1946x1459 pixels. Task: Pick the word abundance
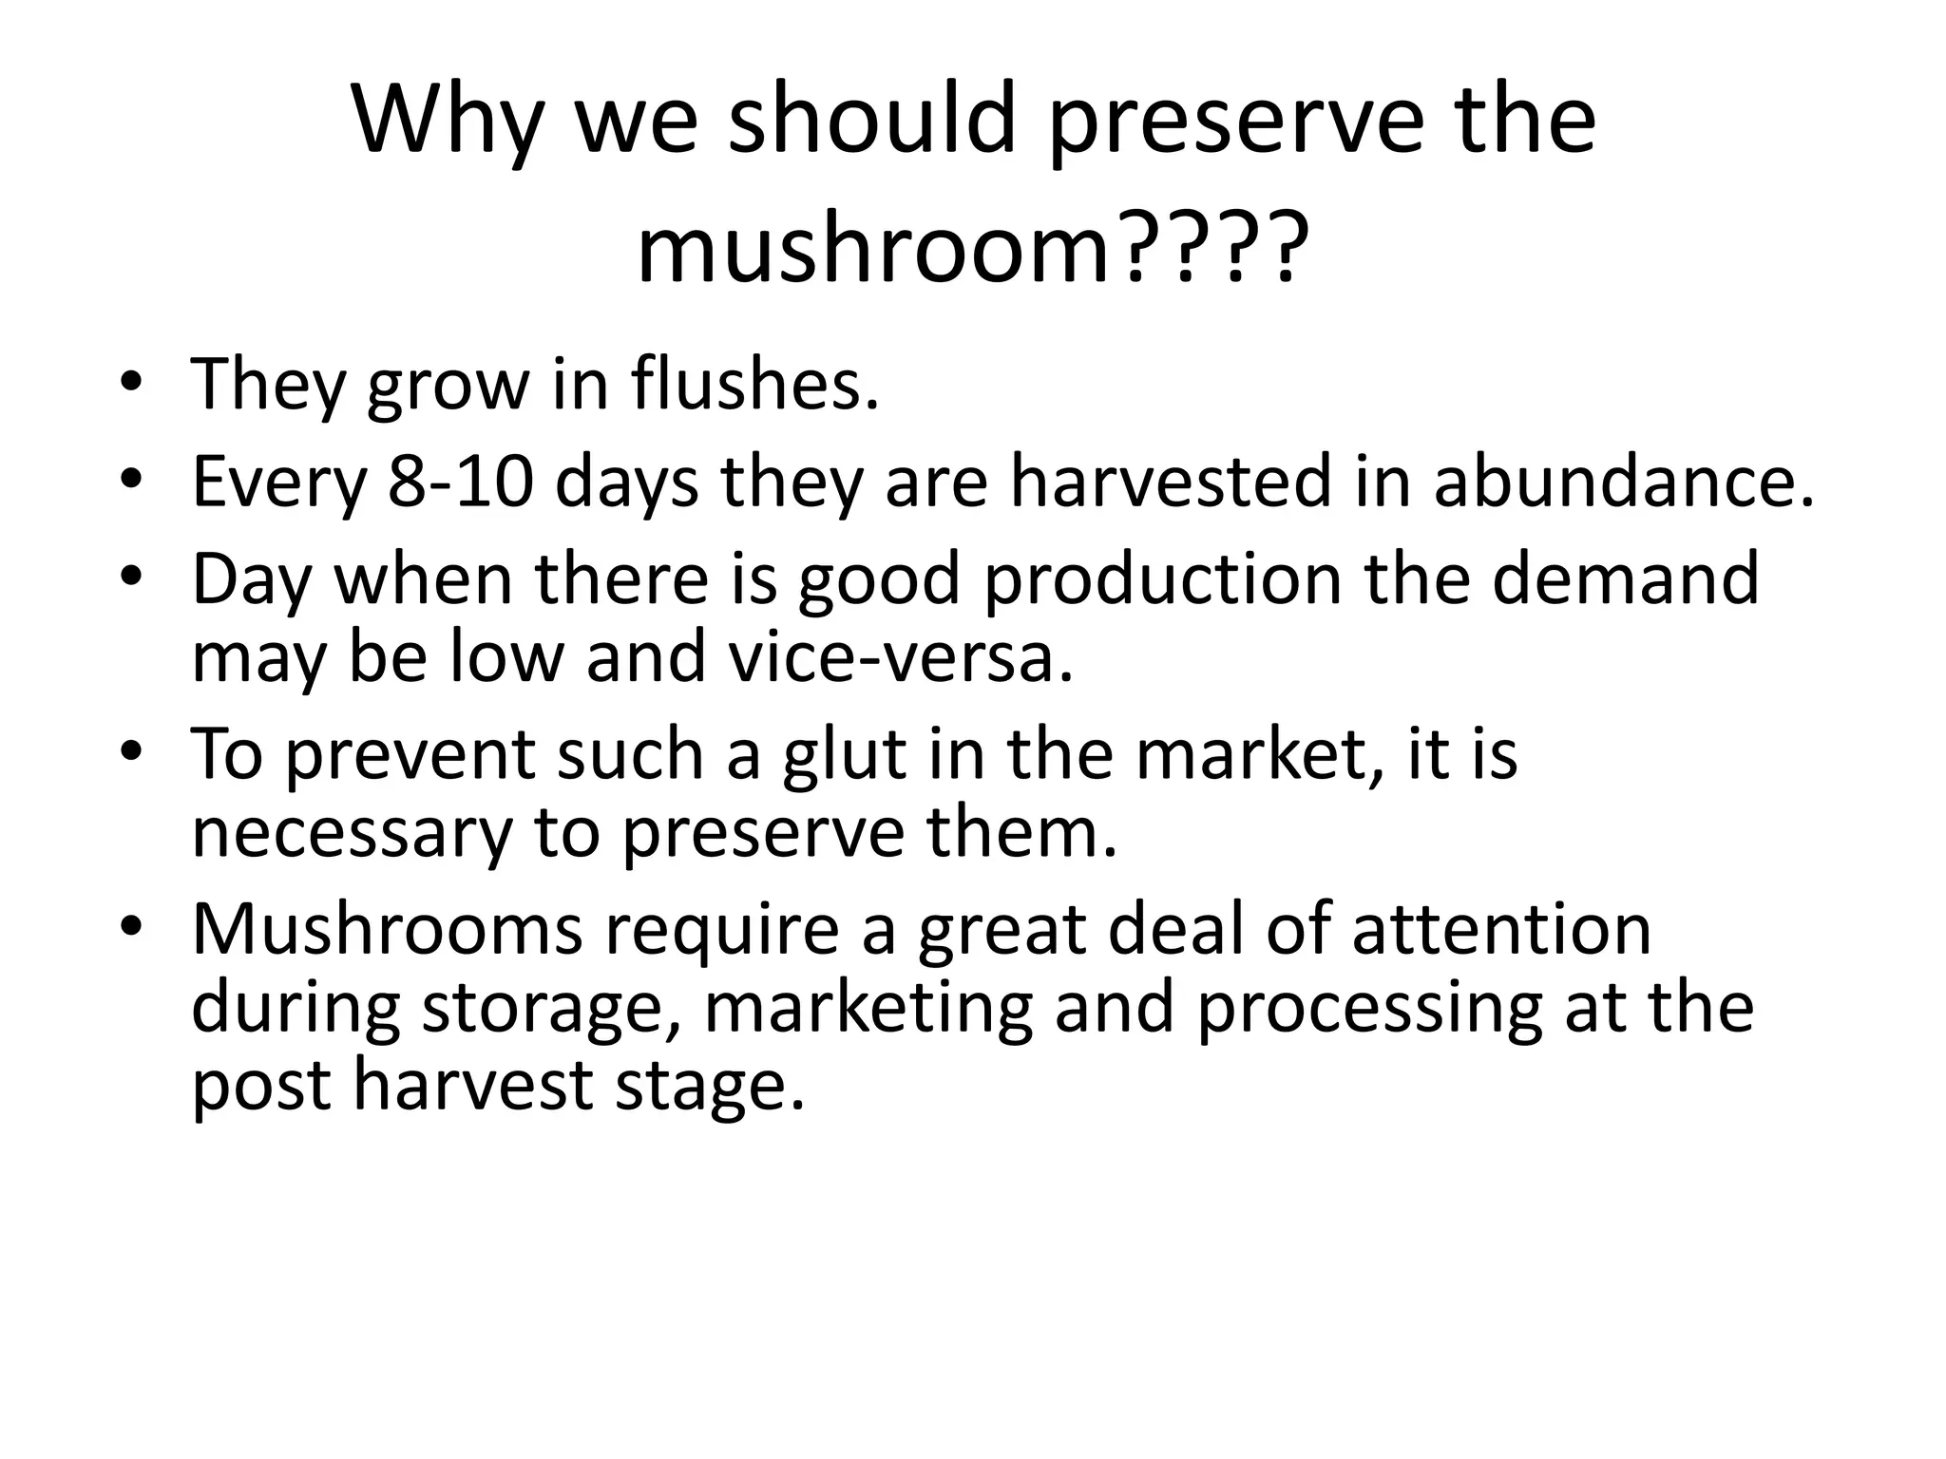(x=1623, y=482)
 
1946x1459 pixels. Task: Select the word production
(x=1162, y=578)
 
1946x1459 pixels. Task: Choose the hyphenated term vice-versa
(x=900, y=657)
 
